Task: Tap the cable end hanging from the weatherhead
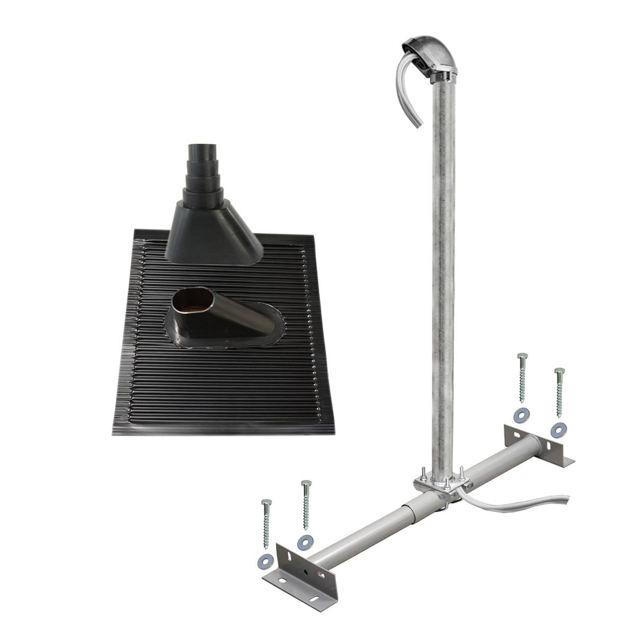(x=418, y=123)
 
